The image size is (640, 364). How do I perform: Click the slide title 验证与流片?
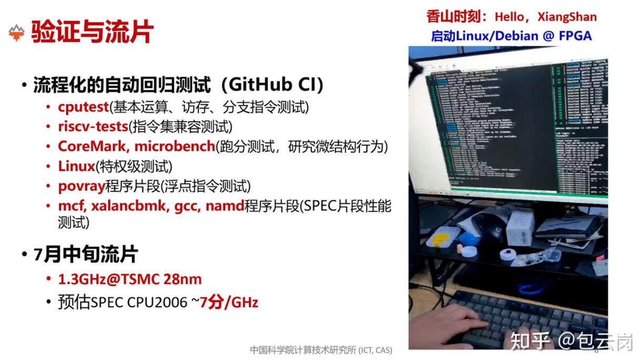(x=93, y=32)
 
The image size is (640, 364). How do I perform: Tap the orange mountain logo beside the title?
(x=17, y=33)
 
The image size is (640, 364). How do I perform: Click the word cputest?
(x=83, y=107)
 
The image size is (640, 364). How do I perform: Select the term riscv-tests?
(x=93, y=126)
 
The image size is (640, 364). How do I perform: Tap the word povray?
(x=82, y=186)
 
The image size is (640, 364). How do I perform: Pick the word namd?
(x=225, y=206)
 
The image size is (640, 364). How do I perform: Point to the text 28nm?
(x=182, y=279)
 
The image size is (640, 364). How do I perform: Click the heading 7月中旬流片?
(x=86, y=255)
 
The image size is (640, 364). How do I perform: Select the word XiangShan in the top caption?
(x=567, y=17)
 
